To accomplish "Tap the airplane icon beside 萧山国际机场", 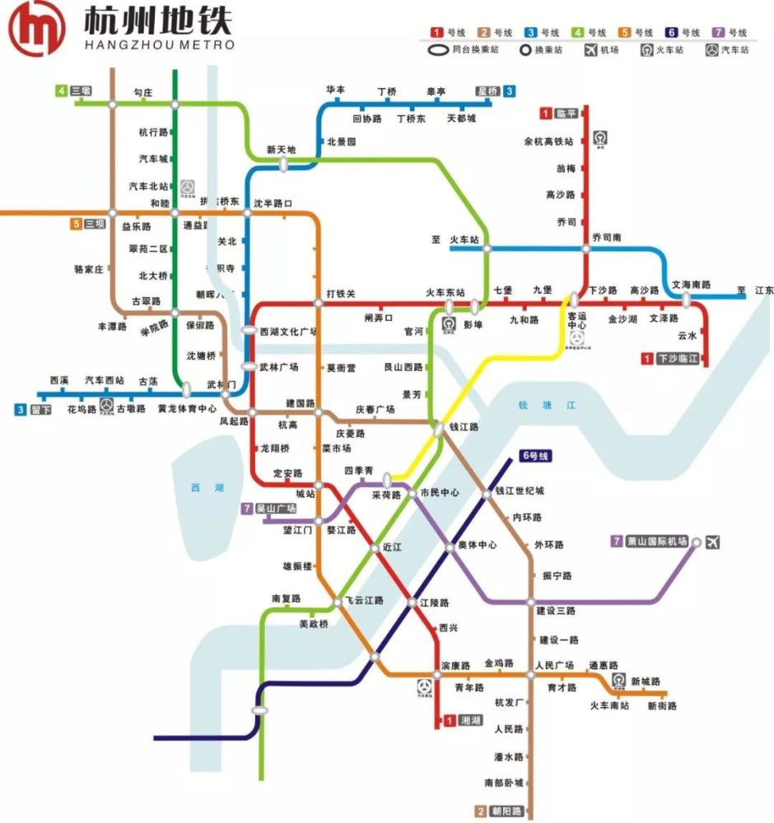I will click(x=713, y=542).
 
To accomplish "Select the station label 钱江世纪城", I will click(x=519, y=491).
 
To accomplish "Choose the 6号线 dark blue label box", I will click(x=535, y=456).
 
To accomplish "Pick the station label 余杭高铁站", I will click(x=548, y=142).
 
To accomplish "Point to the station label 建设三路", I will click(x=556, y=611).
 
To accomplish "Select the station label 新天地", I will click(x=281, y=150).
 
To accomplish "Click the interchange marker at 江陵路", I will click(x=413, y=603).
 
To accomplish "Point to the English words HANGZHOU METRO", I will click(x=159, y=44).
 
